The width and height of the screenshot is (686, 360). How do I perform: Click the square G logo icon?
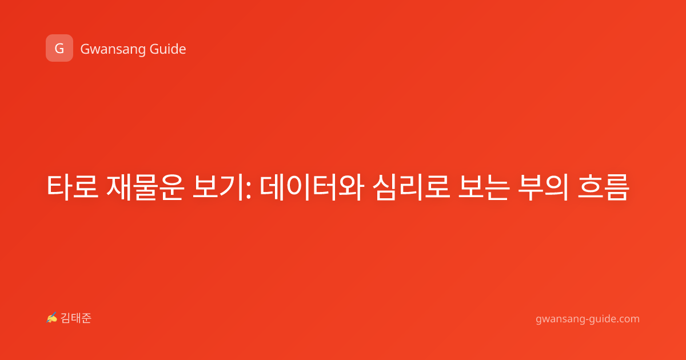(x=59, y=48)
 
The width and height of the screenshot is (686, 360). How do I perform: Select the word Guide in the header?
(x=168, y=49)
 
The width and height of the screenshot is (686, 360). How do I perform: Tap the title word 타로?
(x=73, y=187)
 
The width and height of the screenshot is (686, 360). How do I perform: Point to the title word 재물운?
(x=145, y=187)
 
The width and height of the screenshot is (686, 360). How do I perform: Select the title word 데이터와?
(x=312, y=187)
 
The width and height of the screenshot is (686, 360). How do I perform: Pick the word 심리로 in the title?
(x=411, y=187)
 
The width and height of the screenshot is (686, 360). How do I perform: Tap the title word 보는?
(x=484, y=187)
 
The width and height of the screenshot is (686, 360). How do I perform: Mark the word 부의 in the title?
(x=543, y=187)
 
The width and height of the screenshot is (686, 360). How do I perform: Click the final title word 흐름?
(x=603, y=187)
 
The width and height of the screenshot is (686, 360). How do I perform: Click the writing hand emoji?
(x=52, y=318)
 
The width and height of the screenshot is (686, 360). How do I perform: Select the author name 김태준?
(x=76, y=318)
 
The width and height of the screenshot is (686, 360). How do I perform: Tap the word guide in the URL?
(x=601, y=319)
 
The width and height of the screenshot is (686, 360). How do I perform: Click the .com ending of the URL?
(x=627, y=319)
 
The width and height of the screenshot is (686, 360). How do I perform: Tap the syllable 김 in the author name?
(x=66, y=318)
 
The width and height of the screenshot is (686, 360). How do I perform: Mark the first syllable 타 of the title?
(x=59, y=187)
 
